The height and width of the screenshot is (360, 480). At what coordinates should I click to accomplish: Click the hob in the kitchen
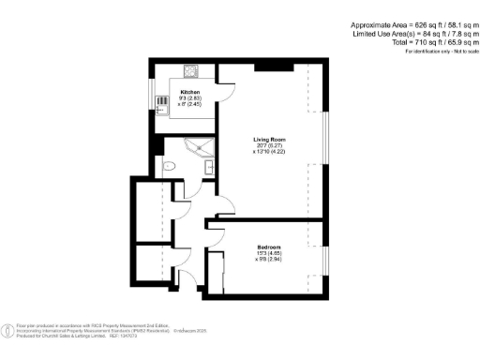[x=191, y=70]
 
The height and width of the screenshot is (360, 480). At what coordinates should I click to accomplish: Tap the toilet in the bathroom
[x=168, y=166]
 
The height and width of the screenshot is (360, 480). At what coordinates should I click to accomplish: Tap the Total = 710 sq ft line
[x=422, y=42]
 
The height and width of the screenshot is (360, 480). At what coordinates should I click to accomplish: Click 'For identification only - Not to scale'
[x=437, y=51]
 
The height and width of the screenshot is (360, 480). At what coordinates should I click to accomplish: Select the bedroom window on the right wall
[x=326, y=257]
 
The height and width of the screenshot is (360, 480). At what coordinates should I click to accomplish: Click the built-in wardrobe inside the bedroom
[x=216, y=273]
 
